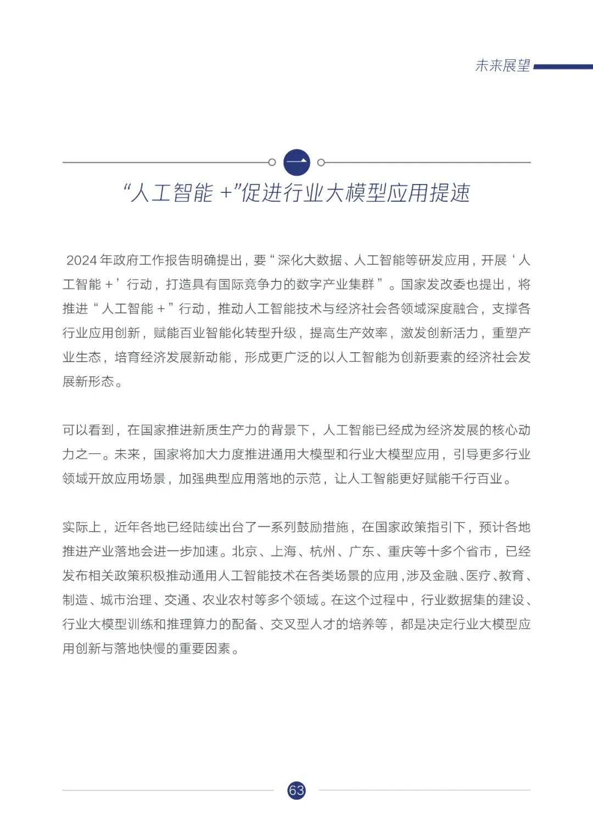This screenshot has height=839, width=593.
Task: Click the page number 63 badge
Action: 296,790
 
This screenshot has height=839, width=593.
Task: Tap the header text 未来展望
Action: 502,66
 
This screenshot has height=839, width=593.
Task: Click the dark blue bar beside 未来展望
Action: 563,67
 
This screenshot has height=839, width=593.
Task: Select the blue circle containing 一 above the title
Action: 296,163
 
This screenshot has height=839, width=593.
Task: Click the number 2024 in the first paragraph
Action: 82,260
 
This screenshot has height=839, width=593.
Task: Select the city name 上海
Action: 283,551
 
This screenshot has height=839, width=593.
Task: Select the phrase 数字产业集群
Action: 335,284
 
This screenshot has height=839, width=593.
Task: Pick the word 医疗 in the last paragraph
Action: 478,575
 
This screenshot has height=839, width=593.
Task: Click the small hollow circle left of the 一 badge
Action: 272,162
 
